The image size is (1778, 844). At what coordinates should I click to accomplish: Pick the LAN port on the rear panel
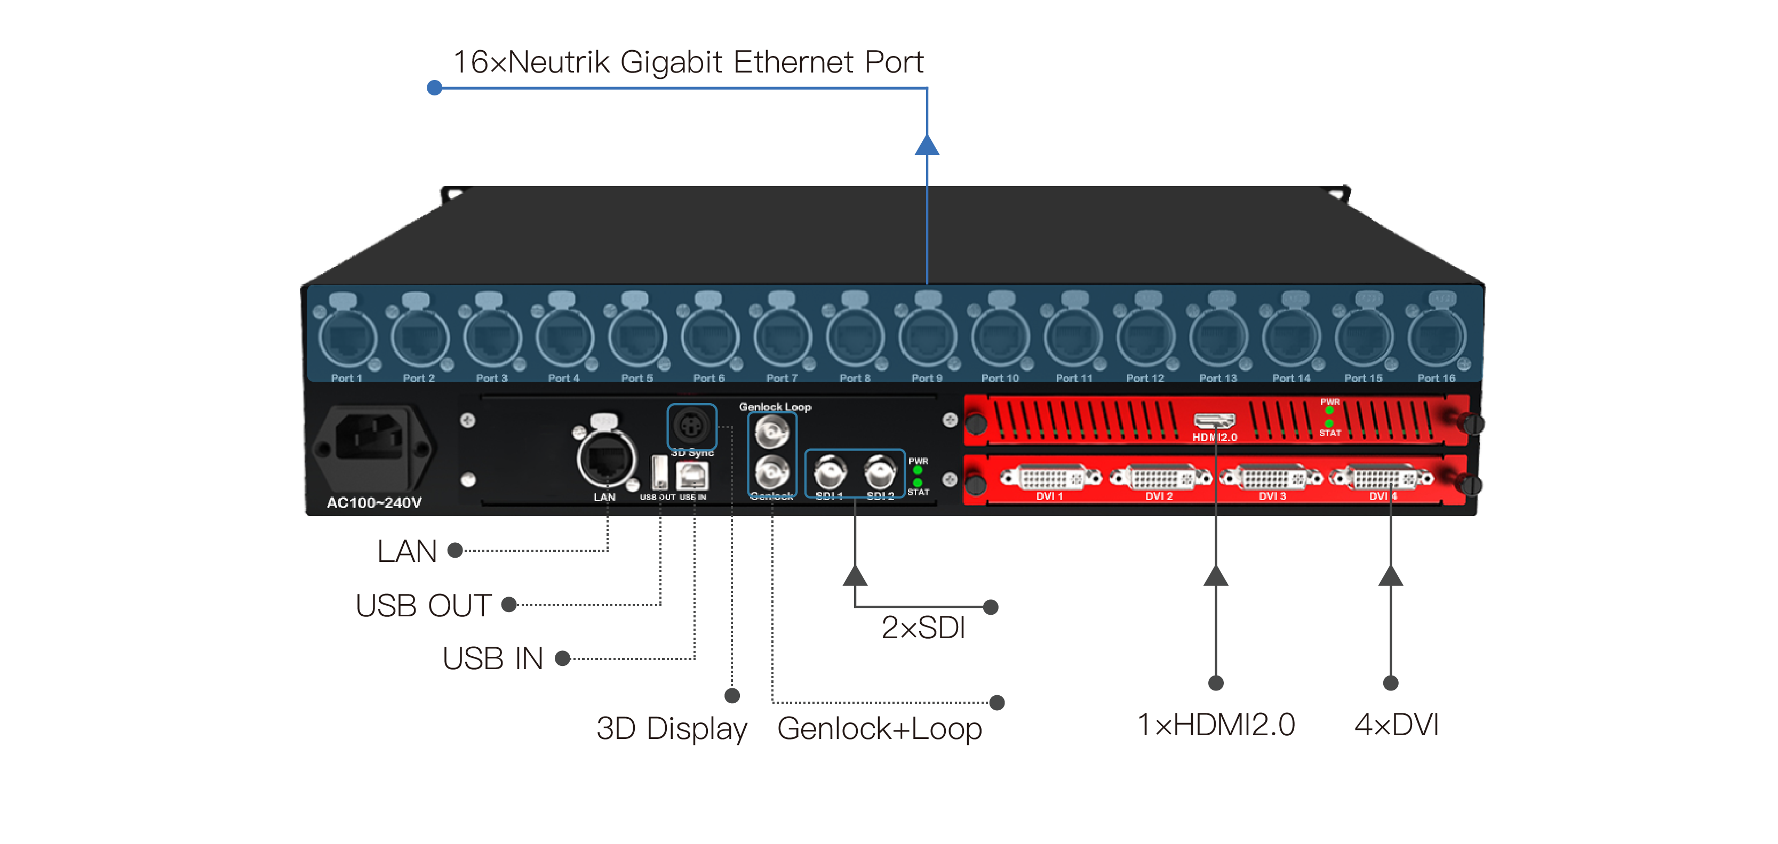tap(606, 459)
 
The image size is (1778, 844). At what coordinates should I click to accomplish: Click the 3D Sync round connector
tap(691, 426)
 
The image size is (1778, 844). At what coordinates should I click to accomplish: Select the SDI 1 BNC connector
tap(829, 473)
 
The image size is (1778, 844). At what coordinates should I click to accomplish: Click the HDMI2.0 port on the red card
tap(1214, 420)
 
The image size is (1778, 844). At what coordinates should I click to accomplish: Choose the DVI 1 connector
tap(1050, 478)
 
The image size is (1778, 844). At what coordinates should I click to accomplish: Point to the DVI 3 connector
tap(1271, 478)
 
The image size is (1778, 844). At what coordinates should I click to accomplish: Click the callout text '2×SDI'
tap(923, 628)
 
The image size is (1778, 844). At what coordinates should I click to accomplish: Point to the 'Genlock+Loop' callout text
tap(879, 729)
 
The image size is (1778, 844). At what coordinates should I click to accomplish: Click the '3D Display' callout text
tap(672, 729)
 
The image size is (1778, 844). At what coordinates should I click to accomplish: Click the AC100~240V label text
tap(374, 502)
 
